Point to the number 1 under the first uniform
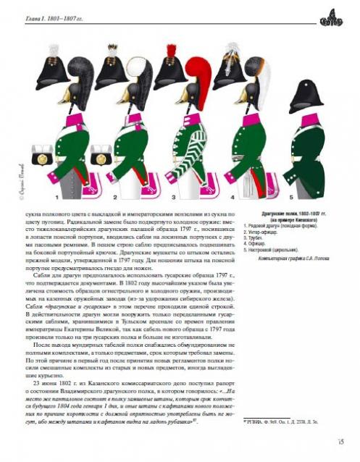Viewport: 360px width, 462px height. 56,196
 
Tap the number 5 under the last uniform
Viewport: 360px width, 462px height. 290,196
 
